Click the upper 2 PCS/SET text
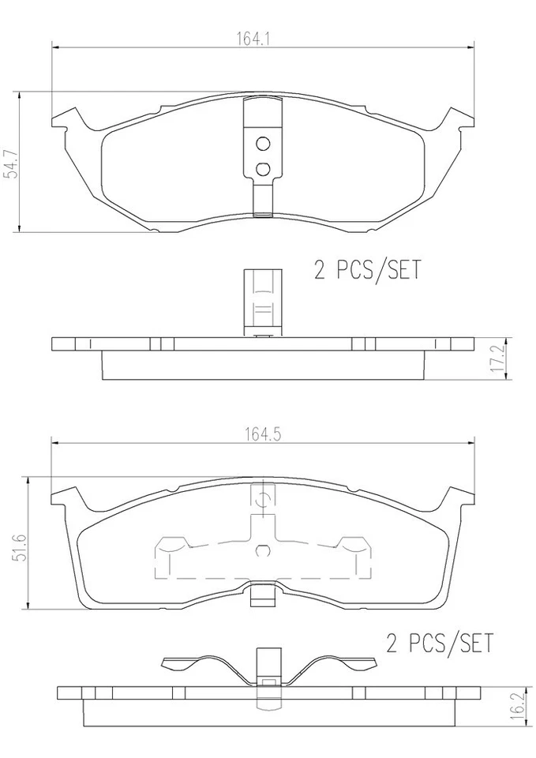pos(368,271)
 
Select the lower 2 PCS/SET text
pos(439,643)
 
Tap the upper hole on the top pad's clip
pos(263,144)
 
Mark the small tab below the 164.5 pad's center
pos(262,598)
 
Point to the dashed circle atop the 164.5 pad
pos(263,497)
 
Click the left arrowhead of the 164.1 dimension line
pos(55,48)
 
